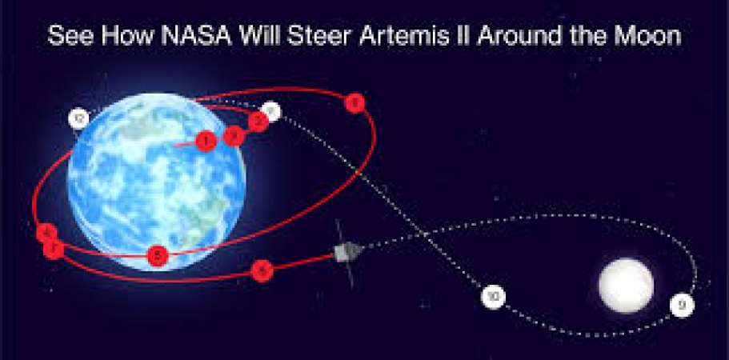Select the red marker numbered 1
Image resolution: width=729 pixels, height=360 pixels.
pyautogui.click(x=206, y=142)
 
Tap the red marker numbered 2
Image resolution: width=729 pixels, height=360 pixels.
pyautogui.click(x=233, y=135)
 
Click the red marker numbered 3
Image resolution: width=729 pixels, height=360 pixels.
pyautogui.click(x=258, y=122)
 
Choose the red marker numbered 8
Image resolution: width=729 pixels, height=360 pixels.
pyautogui.click(x=354, y=102)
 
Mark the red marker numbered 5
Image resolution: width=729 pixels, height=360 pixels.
pyautogui.click(x=261, y=271)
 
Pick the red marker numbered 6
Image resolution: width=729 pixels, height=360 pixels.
pyautogui.click(x=158, y=256)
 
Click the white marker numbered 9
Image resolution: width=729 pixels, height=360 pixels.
pyautogui.click(x=681, y=305)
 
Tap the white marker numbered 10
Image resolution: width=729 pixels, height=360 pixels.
pyautogui.click(x=494, y=297)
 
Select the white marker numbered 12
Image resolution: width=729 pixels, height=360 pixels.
pyautogui.click(x=78, y=120)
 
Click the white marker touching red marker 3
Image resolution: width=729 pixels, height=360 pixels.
pyautogui.click(x=272, y=112)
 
